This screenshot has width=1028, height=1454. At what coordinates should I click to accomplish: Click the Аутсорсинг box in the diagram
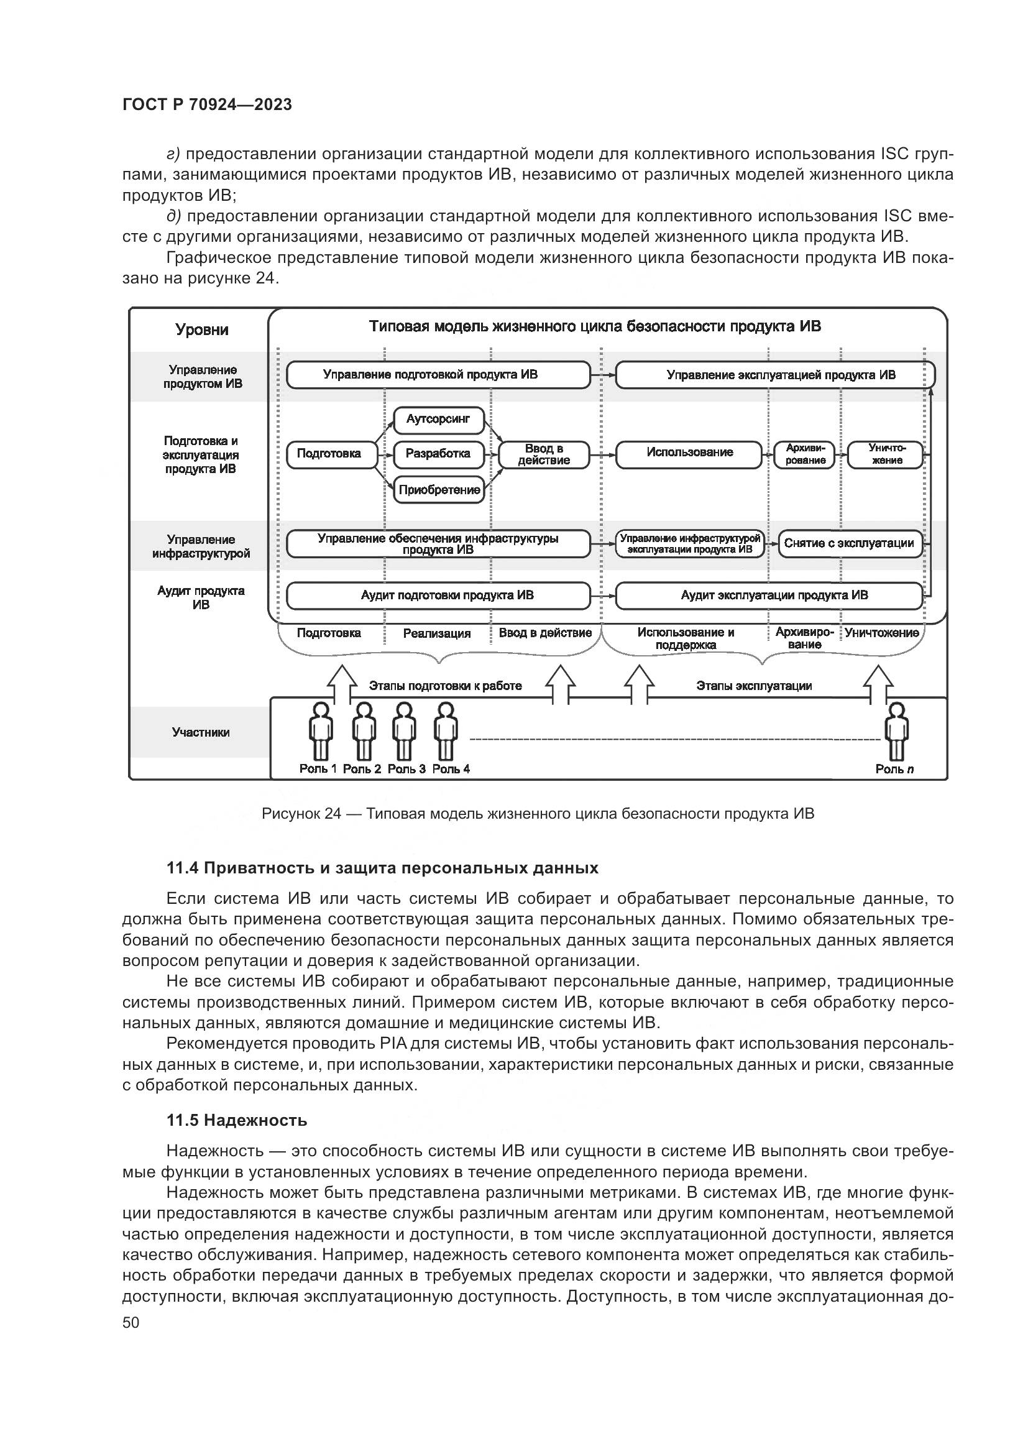438,420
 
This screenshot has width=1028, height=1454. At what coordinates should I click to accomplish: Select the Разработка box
438,454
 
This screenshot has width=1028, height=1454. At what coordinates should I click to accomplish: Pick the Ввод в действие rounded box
544,454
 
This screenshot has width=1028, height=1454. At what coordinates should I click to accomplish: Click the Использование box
689,453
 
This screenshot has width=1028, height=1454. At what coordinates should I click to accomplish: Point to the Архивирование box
805,454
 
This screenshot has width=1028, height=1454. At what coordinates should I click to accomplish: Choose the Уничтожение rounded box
886,454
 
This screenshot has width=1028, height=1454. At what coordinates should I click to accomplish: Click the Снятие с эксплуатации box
850,543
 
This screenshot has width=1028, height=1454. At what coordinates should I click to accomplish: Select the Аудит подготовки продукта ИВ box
438,596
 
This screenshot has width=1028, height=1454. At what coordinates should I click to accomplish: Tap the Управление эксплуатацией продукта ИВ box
775,375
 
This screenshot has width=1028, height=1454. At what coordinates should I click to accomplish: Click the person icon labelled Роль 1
321,732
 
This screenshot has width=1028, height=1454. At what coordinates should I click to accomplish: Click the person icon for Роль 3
403,732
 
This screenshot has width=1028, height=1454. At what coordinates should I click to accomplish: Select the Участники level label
201,733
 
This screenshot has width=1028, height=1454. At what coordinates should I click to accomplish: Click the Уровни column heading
202,330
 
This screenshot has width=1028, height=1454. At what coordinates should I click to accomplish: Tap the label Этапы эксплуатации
754,686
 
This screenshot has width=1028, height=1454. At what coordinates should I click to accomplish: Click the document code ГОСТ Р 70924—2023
207,105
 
